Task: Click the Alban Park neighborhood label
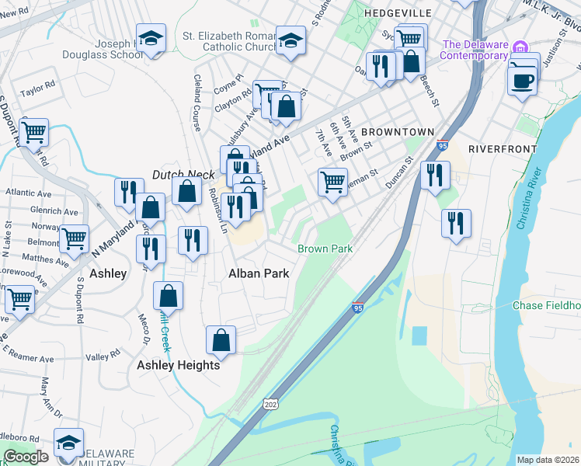click(x=258, y=273)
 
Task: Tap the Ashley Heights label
click(x=179, y=365)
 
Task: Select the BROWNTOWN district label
click(x=397, y=132)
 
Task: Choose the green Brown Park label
click(x=325, y=249)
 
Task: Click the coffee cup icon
click(x=522, y=79)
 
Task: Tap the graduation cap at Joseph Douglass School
click(x=151, y=38)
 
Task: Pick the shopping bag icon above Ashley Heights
click(x=221, y=339)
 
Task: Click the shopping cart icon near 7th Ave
click(x=332, y=182)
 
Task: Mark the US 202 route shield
click(x=270, y=405)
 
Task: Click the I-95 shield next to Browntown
click(x=442, y=145)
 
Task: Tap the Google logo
click(x=26, y=457)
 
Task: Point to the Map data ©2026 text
click(x=548, y=460)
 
